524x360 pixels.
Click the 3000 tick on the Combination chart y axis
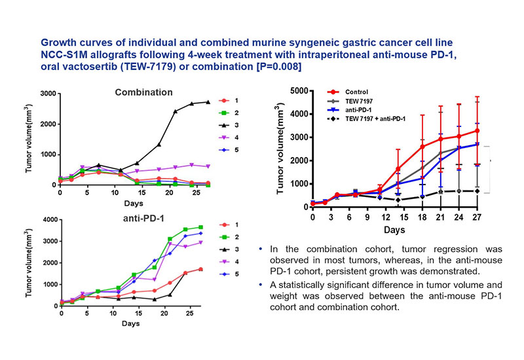click(47, 94)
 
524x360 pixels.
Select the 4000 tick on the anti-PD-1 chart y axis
click(47, 219)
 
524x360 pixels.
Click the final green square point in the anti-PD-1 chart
click(200, 227)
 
